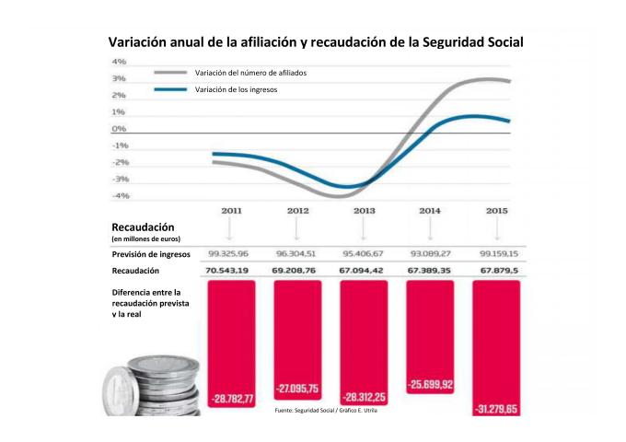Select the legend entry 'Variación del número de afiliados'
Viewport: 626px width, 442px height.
point(249,72)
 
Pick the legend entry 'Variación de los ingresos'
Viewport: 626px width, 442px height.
point(236,89)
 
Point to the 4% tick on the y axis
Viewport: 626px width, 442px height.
point(120,62)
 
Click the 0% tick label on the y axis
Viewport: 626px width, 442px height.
point(120,129)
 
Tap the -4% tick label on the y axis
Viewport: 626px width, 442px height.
point(120,195)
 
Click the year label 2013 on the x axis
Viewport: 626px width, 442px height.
point(364,212)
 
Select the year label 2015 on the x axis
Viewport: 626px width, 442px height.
point(496,212)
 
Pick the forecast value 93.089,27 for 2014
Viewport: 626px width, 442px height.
point(430,253)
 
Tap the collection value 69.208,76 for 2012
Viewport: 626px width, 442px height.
point(298,271)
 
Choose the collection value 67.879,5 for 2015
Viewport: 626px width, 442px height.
point(496,271)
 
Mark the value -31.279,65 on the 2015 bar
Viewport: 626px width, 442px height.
point(496,408)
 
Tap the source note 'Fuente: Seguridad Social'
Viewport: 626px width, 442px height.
point(326,411)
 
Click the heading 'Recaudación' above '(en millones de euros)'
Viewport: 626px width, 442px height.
point(143,227)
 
